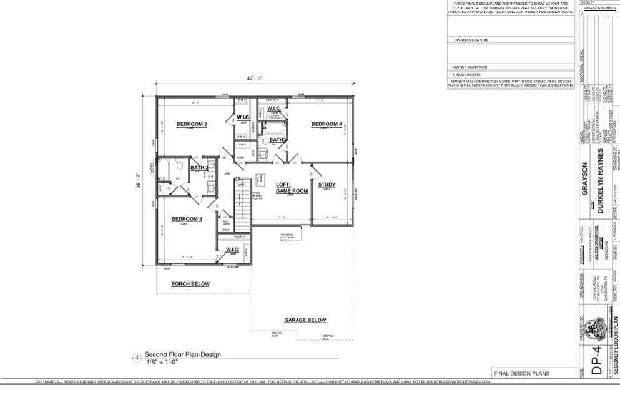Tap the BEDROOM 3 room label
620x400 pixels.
(187, 219)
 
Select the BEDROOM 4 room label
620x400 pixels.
(327, 124)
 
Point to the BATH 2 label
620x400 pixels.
(199, 168)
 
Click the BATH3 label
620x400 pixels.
(278, 139)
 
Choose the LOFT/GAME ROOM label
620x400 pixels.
(292, 188)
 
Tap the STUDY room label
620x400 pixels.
(327, 185)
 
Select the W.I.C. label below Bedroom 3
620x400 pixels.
(234, 249)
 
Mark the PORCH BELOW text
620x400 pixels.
(190, 284)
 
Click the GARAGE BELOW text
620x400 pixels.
(305, 320)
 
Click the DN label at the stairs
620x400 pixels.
(238, 180)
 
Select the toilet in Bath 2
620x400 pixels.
(178, 167)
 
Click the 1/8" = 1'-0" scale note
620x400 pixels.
(162, 361)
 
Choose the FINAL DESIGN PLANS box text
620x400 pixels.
(521, 374)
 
